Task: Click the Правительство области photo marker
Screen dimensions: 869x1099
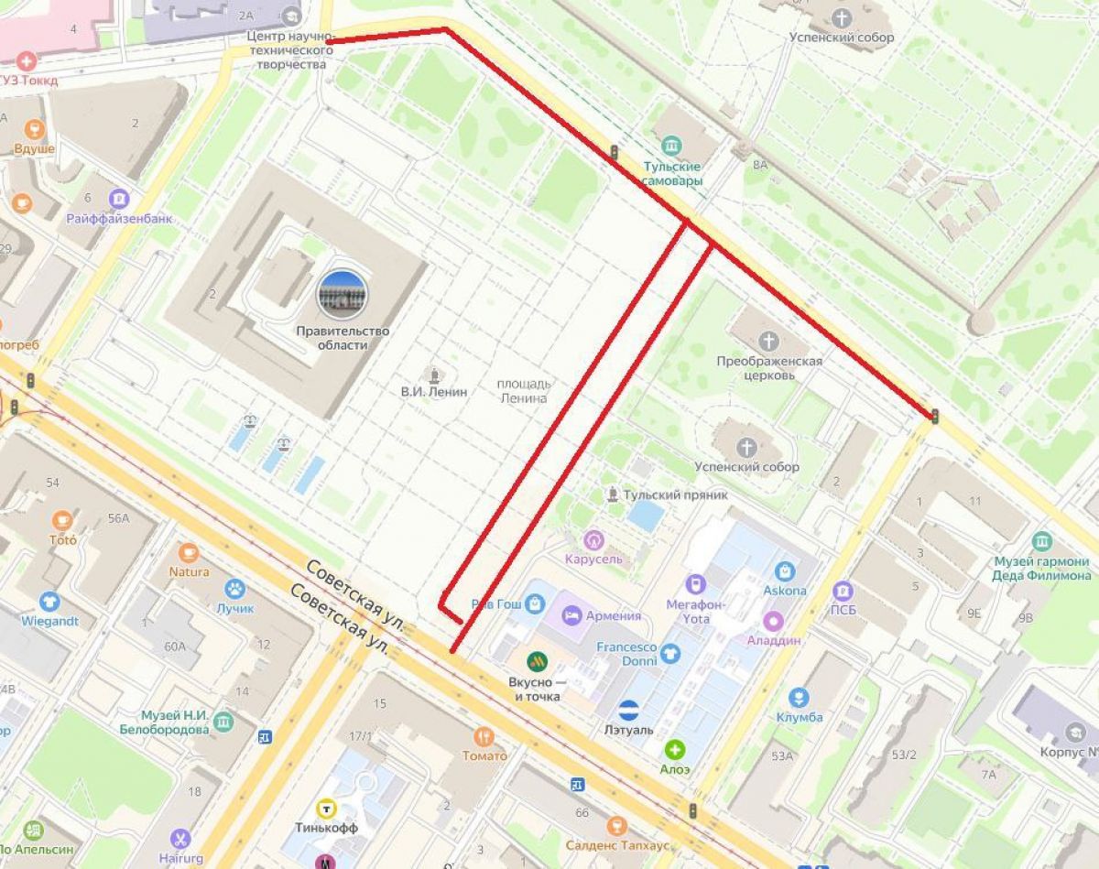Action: coord(343,294)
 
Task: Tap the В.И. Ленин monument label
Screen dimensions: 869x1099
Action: coord(433,391)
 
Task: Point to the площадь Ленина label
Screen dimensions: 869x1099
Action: coord(523,391)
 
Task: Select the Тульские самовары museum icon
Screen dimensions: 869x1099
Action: coord(671,147)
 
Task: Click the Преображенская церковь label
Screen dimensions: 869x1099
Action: coord(768,368)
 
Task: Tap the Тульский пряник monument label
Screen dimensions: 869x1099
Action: coord(675,494)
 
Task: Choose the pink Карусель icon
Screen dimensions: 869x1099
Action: coord(594,539)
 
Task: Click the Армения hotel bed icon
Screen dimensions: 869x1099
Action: coord(572,614)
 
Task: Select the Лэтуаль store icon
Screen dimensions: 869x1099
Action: coord(628,709)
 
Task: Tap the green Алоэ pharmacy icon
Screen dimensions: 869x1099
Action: coord(675,750)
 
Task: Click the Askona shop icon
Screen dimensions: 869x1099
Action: coord(784,570)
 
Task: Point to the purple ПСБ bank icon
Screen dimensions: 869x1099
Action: coord(842,590)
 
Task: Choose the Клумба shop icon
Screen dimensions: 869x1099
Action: coord(799,697)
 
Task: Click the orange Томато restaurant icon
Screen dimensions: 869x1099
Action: coord(484,735)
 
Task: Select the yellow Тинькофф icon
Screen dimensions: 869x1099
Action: coord(325,808)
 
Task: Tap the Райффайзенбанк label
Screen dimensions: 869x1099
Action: coord(119,219)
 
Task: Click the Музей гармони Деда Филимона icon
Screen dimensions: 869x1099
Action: coord(1041,541)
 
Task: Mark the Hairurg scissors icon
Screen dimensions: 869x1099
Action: coord(180,838)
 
